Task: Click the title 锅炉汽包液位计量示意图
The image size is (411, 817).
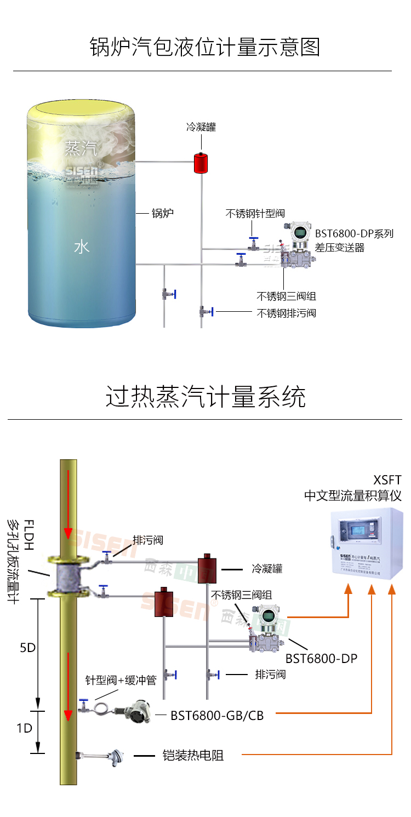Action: [205, 47]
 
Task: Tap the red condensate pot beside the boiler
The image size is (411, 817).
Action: [201, 163]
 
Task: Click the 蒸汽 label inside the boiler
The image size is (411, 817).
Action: [81, 148]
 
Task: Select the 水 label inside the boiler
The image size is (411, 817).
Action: [81, 247]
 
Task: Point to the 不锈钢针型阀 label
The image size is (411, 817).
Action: [255, 214]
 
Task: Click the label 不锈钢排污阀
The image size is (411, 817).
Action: [286, 313]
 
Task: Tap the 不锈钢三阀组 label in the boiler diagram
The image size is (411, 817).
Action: [286, 296]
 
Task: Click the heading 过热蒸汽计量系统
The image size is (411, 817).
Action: [205, 397]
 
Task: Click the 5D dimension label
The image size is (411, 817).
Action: [27, 648]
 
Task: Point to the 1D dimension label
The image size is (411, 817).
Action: [24, 729]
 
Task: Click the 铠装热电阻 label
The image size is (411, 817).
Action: [193, 756]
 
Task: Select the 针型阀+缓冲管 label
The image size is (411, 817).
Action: [121, 680]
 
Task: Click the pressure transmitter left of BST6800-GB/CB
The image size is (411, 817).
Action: [136, 712]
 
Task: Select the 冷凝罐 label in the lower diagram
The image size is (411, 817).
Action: [267, 568]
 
